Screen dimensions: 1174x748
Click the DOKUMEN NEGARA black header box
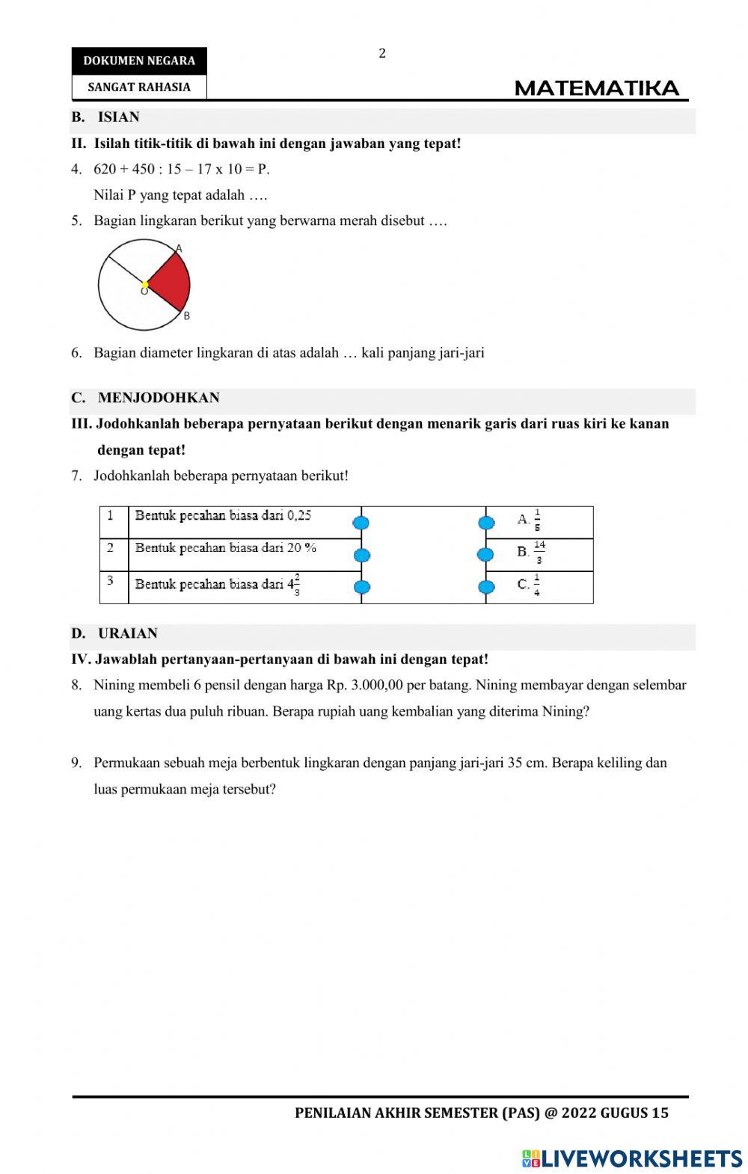click(x=139, y=61)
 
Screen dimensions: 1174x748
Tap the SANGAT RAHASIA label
click(x=139, y=87)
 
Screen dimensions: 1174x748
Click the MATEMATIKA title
click(x=597, y=89)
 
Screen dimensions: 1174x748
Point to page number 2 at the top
click(x=382, y=53)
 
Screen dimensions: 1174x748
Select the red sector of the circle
click(x=171, y=283)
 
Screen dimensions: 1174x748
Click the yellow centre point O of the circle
click(x=145, y=285)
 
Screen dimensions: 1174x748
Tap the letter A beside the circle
click(x=179, y=248)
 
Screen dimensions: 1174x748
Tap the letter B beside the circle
click(x=186, y=316)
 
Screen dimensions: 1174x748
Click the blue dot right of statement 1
click(x=361, y=522)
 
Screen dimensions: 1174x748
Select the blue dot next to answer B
click(x=485, y=554)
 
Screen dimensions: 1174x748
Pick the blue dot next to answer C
click(x=485, y=587)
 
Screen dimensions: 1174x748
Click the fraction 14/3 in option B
click(x=539, y=552)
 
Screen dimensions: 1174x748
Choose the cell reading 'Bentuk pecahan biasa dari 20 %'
click(x=226, y=547)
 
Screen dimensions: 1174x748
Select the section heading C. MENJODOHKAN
click(x=146, y=398)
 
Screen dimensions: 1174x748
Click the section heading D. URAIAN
click(x=114, y=633)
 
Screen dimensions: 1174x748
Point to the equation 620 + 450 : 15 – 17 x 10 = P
click(x=181, y=169)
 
